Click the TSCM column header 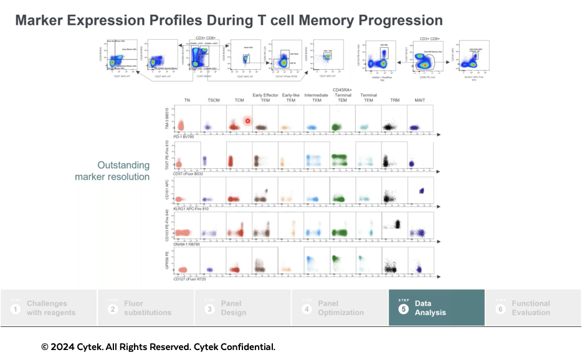click(213, 101)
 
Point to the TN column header click(187, 101)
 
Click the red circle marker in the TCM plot click(247, 121)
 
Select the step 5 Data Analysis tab click(436, 308)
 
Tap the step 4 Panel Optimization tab click(340, 308)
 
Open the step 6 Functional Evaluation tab click(533, 308)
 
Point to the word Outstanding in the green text click(123, 165)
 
